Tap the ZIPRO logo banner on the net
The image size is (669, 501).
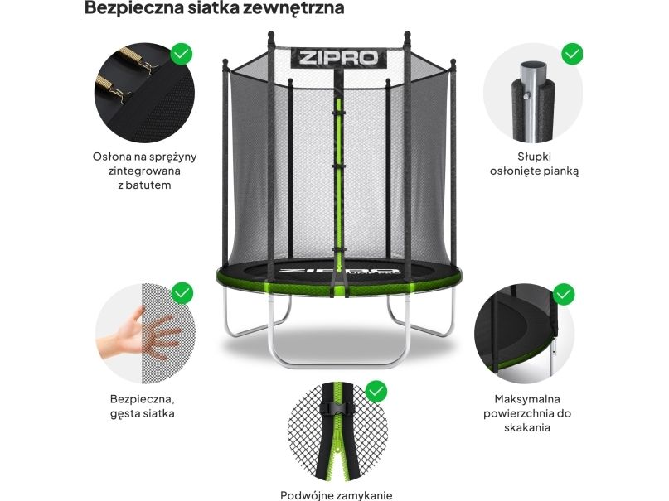tap(339, 57)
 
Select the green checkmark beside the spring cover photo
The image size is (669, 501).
tap(182, 54)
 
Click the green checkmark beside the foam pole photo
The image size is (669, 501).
tap(572, 54)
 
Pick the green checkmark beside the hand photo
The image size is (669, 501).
tap(182, 293)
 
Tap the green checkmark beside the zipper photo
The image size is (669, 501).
tap(376, 392)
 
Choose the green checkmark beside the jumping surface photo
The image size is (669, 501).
tap(564, 294)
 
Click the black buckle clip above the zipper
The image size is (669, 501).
tap(337, 408)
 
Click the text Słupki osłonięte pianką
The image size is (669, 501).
tap(534, 164)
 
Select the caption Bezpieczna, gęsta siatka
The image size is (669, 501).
tap(143, 407)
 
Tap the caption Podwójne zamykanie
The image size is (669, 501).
tap(337, 495)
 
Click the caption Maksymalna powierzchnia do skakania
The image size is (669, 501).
tap(527, 413)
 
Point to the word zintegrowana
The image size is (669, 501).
tap(144, 171)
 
